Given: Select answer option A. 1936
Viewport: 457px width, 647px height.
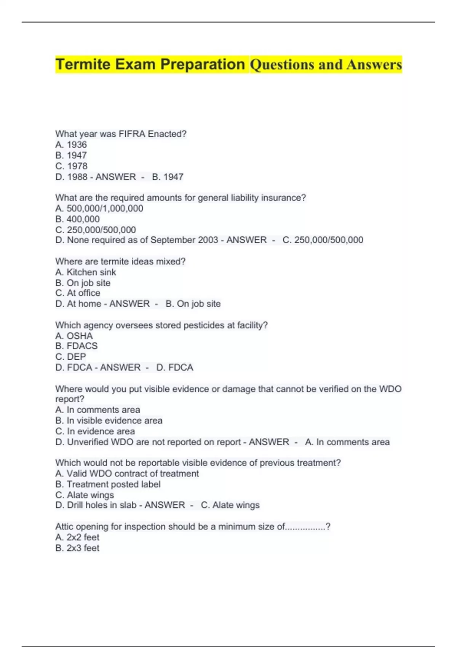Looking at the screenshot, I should click(x=71, y=145).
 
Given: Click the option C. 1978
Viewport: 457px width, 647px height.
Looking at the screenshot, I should click(x=71, y=166).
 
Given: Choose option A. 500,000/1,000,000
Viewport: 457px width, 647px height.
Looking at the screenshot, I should click(x=99, y=209).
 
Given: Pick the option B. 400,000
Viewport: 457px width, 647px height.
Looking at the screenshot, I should click(x=78, y=219).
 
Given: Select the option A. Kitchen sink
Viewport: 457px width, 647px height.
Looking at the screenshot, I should click(x=86, y=272).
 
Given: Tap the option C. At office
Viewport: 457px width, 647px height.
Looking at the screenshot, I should click(x=78, y=293).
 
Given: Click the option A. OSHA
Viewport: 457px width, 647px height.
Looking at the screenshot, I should click(x=74, y=336).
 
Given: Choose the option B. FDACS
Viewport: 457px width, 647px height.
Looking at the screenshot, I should click(x=77, y=346).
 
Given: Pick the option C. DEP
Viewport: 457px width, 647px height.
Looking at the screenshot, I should click(x=71, y=357).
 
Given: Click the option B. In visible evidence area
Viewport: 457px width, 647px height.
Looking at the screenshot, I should click(x=109, y=421).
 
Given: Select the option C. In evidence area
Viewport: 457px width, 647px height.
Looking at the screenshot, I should click(x=95, y=431).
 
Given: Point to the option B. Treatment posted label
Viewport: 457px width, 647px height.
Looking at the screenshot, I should click(x=108, y=484).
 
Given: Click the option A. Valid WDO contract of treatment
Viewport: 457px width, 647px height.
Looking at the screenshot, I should click(x=127, y=473).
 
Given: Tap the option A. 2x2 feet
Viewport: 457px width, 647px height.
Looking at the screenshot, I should click(x=77, y=537).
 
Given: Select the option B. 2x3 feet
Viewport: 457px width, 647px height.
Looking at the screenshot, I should click(x=77, y=548).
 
